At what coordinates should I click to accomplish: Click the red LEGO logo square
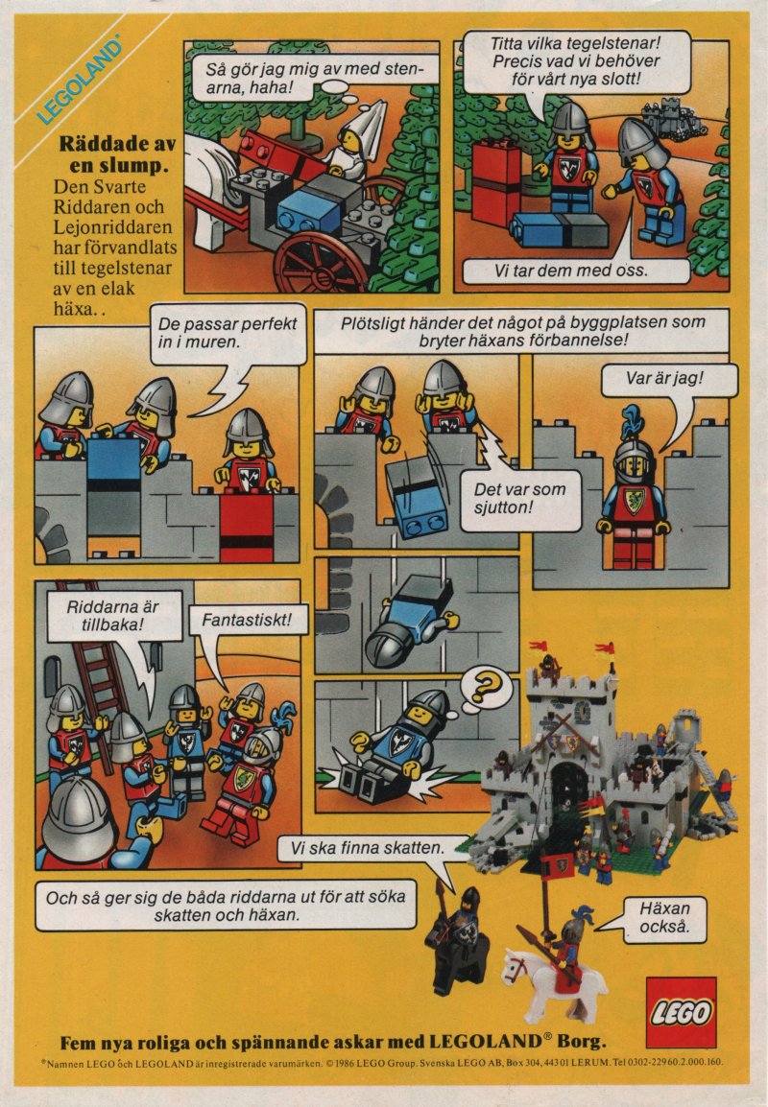tap(681, 1012)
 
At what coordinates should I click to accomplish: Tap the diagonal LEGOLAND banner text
tap(79, 82)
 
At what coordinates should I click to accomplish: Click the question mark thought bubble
tap(485, 688)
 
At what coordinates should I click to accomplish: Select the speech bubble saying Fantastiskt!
tap(248, 621)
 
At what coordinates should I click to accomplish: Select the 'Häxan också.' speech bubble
tap(663, 918)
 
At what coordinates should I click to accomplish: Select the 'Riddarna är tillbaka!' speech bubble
tap(113, 616)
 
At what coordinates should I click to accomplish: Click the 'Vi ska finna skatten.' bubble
tap(372, 849)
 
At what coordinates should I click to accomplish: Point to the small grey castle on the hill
tap(672, 119)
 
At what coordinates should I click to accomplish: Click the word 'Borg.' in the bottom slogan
tap(582, 1042)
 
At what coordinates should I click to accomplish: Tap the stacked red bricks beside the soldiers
tap(496, 182)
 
